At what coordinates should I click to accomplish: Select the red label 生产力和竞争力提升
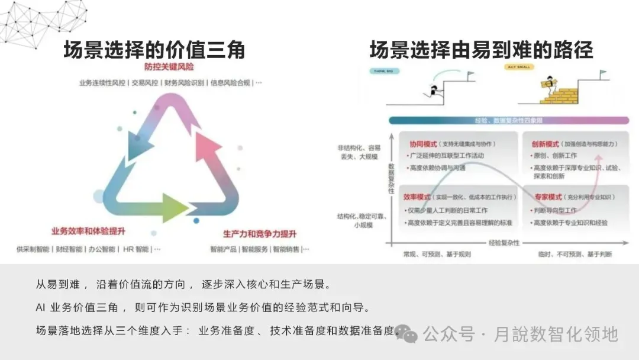(x=260, y=233)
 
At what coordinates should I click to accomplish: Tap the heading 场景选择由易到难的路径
(x=481, y=50)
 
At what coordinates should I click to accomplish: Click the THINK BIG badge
(x=384, y=71)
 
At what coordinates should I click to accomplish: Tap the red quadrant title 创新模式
(x=545, y=144)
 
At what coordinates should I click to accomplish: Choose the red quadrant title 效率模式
(x=417, y=197)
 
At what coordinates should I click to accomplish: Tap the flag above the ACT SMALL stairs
(x=603, y=75)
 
